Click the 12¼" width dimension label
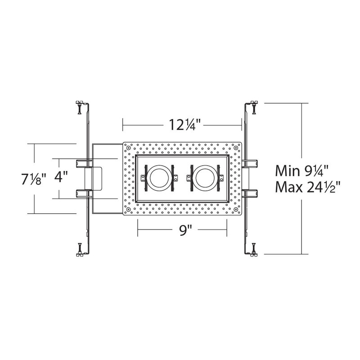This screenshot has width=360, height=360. point(182,125)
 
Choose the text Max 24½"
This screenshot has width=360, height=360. point(308,187)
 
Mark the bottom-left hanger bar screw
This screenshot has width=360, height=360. point(80,249)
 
